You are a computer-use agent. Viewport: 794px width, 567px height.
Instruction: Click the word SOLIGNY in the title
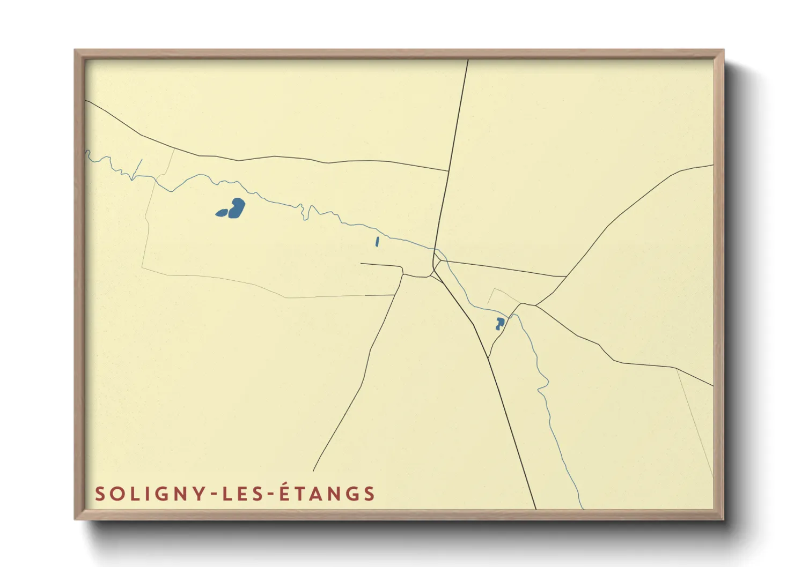[151, 494]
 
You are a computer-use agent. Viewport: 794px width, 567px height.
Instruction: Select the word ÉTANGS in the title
[327, 493]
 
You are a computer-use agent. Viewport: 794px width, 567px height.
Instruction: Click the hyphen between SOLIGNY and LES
[214, 495]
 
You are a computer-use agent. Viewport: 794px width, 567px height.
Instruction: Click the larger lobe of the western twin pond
[237, 207]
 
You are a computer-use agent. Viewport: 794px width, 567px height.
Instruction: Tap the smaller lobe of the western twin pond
[221, 213]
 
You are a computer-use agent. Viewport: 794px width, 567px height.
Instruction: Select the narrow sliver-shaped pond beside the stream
[377, 242]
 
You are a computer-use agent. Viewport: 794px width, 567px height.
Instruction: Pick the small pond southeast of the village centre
[499, 323]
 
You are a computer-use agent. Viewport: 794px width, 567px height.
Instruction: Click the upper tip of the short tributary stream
[142, 159]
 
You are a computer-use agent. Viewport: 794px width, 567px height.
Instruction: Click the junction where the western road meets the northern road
[449, 171]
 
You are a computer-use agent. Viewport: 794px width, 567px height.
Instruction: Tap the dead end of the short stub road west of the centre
[361, 263]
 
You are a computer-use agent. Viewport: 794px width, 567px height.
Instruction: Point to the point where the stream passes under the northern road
[435, 249]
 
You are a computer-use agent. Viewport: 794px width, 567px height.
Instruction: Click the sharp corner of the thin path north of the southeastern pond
[494, 289]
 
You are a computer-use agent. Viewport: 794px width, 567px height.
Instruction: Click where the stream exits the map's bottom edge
[583, 508]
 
